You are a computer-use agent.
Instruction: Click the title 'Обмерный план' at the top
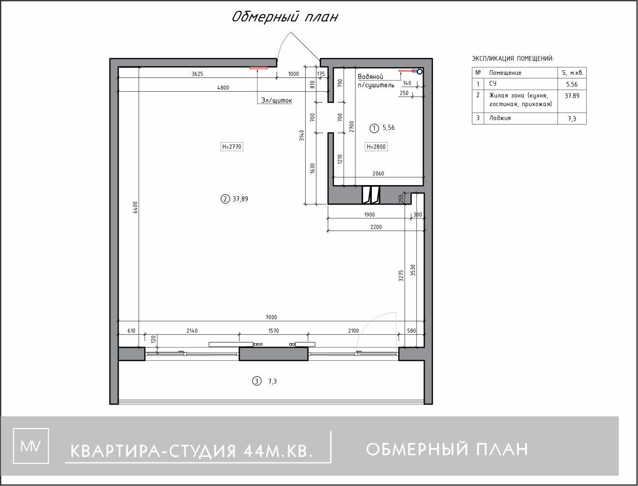285,17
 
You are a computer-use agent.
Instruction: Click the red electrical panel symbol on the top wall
259,67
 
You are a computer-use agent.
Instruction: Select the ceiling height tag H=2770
231,147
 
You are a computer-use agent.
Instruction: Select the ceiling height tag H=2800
376,147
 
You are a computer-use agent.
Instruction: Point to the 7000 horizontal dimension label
271,317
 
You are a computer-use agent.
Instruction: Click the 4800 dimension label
223,88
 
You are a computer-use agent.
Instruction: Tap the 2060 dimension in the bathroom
377,174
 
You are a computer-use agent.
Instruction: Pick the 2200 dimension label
375,227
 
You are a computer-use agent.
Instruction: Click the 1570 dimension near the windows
273,331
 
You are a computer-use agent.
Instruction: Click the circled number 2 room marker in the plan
225,199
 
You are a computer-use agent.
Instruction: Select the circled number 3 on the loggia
256,381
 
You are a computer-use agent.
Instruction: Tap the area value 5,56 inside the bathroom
389,128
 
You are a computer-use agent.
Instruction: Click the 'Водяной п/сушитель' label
376,80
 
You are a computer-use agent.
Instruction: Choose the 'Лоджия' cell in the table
500,118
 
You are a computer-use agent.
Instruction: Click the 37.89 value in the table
572,95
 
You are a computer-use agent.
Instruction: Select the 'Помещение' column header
505,73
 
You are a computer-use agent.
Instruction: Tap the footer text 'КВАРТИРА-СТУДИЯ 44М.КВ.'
191,451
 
